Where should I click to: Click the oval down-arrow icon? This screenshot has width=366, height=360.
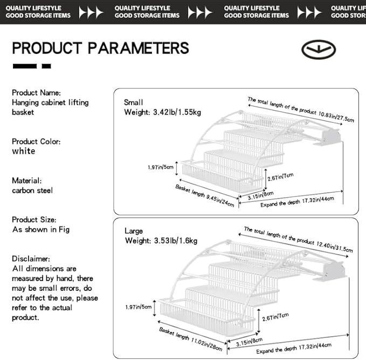[x=319, y=49]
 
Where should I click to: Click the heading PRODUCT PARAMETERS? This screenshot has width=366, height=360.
[x=100, y=48]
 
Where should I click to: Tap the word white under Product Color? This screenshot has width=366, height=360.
[x=24, y=151]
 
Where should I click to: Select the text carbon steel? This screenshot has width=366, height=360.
[x=32, y=191]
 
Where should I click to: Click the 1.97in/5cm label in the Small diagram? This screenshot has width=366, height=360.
[x=161, y=167]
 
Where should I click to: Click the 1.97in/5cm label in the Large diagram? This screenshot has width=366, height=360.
[x=139, y=307]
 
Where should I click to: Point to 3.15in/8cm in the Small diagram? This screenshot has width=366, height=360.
[x=260, y=195]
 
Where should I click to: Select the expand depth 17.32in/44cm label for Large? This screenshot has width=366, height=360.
[x=294, y=348]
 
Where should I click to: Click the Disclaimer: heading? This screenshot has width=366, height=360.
[x=31, y=259]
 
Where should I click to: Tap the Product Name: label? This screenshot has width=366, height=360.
[x=36, y=93]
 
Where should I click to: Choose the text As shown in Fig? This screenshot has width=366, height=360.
[x=41, y=229]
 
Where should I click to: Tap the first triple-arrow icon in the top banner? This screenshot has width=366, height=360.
[x=91, y=12]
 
